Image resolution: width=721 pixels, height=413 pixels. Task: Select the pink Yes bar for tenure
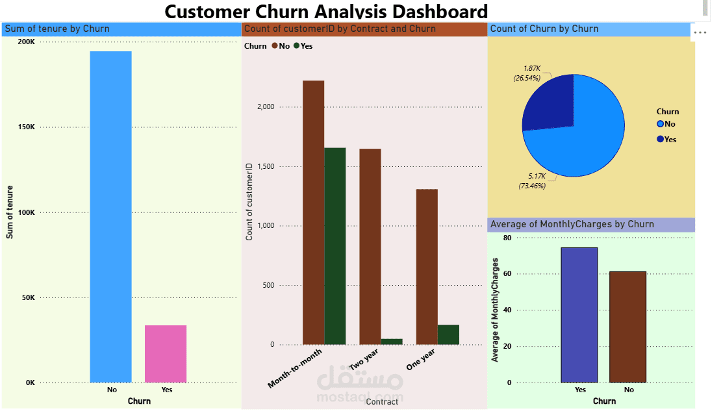click(x=166, y=353)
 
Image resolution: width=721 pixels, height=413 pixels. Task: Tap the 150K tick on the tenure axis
click(x=27, y=127)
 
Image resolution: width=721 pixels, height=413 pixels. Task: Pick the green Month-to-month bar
click(x=335, y=246)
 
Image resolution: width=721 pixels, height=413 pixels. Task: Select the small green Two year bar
click(x=392, y=341)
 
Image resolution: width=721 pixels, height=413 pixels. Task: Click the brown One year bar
click(x=426, y=266)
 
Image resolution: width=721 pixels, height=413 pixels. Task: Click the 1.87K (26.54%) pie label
click(x=527, y=73)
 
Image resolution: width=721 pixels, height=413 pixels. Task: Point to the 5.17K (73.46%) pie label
click(x=531, y=181)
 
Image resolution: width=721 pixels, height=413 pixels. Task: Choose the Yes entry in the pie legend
click(x=667, y=140)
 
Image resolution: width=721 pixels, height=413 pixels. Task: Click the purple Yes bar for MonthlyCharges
click(x=579, y=314)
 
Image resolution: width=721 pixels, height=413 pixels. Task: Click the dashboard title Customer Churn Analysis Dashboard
click(x=325, y=11)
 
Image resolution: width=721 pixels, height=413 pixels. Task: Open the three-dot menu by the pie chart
click(x=700, y=32)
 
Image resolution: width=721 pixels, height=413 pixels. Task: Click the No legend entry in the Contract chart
click(x=281, y=46)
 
